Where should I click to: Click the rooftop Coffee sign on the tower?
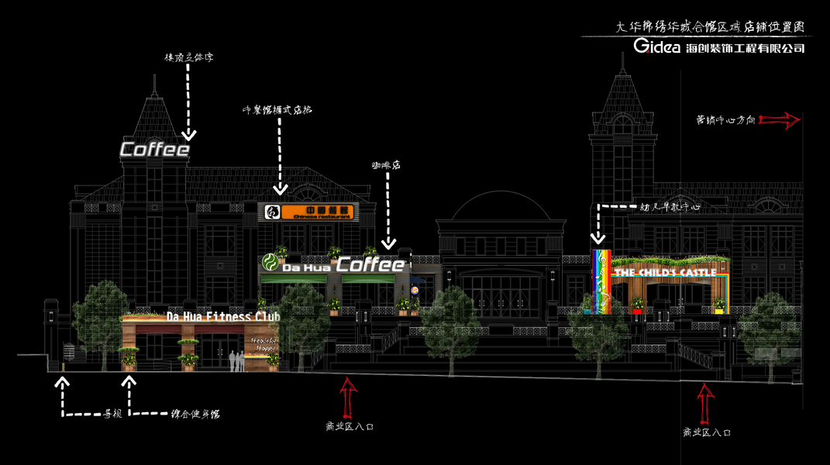154,150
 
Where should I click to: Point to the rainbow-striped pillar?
601,281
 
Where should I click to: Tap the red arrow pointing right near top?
780,120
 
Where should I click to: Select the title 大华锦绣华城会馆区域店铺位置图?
710,26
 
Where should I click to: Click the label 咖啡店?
384,165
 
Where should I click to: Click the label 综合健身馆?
195,415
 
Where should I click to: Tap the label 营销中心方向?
725,120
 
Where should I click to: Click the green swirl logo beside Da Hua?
270,262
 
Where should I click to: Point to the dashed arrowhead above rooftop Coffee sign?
186,133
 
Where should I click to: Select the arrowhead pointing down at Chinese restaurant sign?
280,188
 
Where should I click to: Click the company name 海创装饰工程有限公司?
745,48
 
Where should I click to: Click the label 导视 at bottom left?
113,415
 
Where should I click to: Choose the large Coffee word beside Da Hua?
370,265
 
